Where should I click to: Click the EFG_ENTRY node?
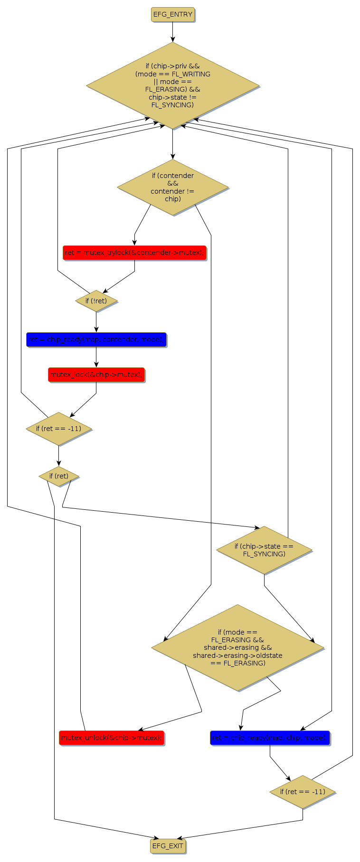coord(172,15)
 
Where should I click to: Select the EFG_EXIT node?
coord(168,845)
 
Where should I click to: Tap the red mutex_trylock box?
coord(134,253)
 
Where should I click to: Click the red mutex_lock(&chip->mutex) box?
coord(96,375)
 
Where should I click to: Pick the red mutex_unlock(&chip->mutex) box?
coord(112,738)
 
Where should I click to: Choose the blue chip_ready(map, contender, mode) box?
coord(96,339)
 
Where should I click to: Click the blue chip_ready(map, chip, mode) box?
coord(270,738)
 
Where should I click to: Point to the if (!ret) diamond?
coord(96,301)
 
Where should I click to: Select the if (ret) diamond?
coord(59,476)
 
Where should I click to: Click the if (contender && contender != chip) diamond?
coord(172,187)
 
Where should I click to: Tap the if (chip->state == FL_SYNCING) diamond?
coord(264,550)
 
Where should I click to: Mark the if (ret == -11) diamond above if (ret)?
coord(59,429)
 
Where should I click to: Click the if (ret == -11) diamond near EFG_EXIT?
coord(303,792)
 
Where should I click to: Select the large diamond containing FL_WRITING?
coord(172,85)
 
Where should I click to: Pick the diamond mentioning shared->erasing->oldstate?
coord(237,647)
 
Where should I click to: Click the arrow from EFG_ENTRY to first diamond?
coord(172,32)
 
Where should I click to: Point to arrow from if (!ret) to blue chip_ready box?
coord(96,322)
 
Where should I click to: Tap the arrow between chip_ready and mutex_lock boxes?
coord(96,357)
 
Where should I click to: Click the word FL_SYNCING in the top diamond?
coord(172,105)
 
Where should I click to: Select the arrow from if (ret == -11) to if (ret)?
coord(59,456)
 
